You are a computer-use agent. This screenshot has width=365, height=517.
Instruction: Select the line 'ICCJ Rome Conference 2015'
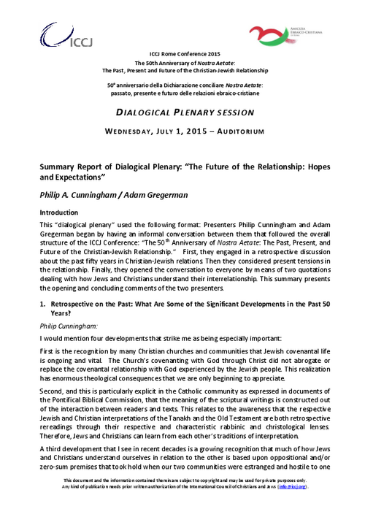pos(183,55)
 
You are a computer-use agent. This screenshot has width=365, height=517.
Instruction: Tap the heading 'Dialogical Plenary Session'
pos(185,112)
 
